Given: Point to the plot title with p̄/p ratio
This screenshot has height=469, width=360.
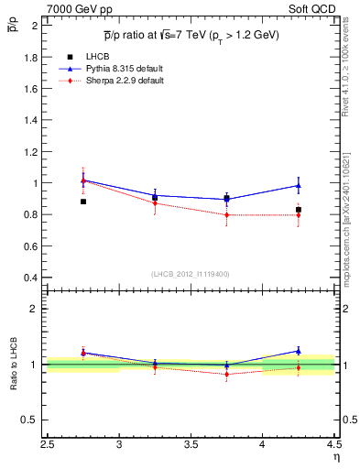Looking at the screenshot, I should [191, 35].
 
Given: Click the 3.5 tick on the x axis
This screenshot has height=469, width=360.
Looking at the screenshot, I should [191, 446].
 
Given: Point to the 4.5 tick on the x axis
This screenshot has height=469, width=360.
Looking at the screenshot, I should [333, 446].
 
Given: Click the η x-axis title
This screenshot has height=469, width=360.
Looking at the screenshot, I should [335, 457].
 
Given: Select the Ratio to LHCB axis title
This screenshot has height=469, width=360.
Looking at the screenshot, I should [13, 365].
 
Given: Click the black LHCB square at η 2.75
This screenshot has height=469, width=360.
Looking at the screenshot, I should [83, 201].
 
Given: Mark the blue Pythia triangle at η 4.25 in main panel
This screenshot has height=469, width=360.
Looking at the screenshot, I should [298, 185].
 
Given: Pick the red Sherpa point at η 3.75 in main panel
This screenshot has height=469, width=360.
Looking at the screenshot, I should [226, 215].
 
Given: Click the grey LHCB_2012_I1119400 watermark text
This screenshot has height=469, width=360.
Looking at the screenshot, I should [191, 274].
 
